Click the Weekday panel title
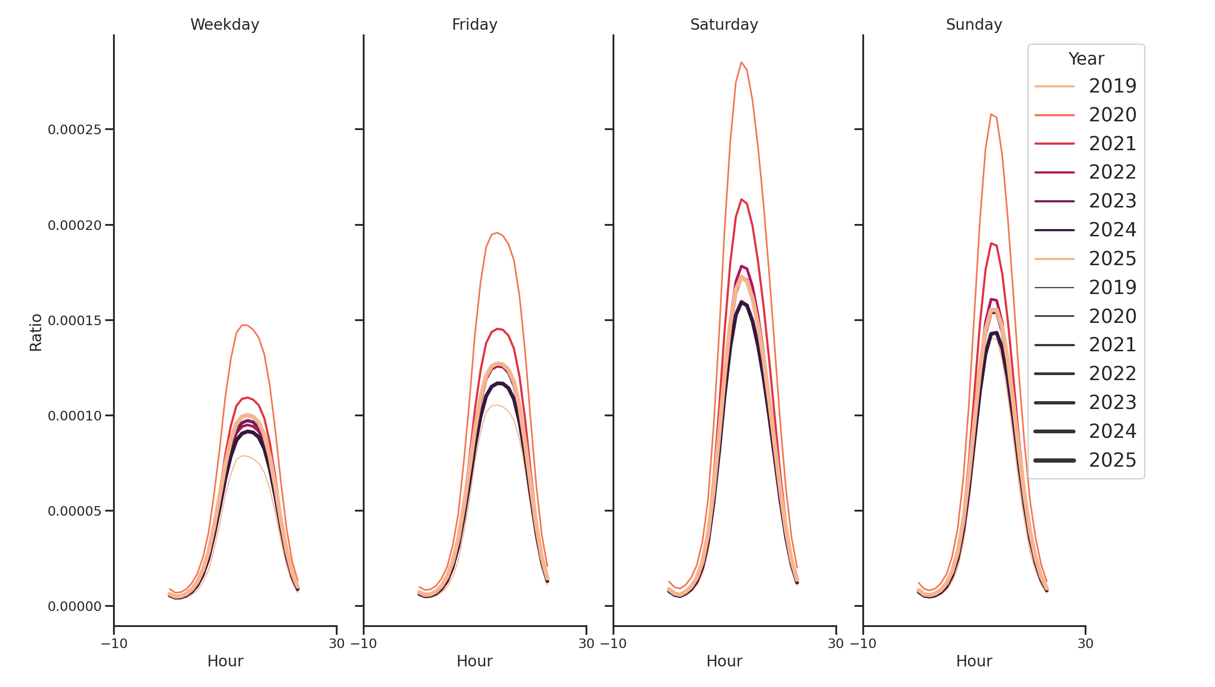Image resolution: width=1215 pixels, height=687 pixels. pos(225,25)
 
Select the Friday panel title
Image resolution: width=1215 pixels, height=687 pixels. pos(474,25)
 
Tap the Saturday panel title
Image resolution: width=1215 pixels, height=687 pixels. pos(724,25)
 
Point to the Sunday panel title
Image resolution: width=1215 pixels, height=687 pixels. pos(974,25)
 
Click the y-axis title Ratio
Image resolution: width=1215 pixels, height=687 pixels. pos(36,333)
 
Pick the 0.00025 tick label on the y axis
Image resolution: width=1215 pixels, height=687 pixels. pos(75,130)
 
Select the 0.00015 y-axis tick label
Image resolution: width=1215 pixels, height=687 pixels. pos(75,321)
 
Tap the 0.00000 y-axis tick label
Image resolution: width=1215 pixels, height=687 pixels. pos(75,607)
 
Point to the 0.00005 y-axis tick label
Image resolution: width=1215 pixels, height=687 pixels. pos(75,511)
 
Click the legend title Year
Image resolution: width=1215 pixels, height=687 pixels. pos(1086,59)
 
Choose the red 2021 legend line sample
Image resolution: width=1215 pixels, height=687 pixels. pos(1054,143)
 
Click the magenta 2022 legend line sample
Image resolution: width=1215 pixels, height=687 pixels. pos(1054,172)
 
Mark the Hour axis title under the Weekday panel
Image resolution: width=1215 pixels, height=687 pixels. pos(225,661)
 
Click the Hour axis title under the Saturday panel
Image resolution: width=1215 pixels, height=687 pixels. pos(724,661)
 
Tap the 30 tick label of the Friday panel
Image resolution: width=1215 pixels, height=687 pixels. pos(586,643)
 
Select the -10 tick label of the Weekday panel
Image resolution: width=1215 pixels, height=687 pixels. pos(114,643)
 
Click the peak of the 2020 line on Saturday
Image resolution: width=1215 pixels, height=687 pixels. pos(741,62)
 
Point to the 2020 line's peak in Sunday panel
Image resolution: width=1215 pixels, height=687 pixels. pos(991,114)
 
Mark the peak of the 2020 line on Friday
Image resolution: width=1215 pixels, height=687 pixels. pos(497,233)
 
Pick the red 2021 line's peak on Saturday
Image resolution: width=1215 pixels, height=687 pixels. pos(741,199)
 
